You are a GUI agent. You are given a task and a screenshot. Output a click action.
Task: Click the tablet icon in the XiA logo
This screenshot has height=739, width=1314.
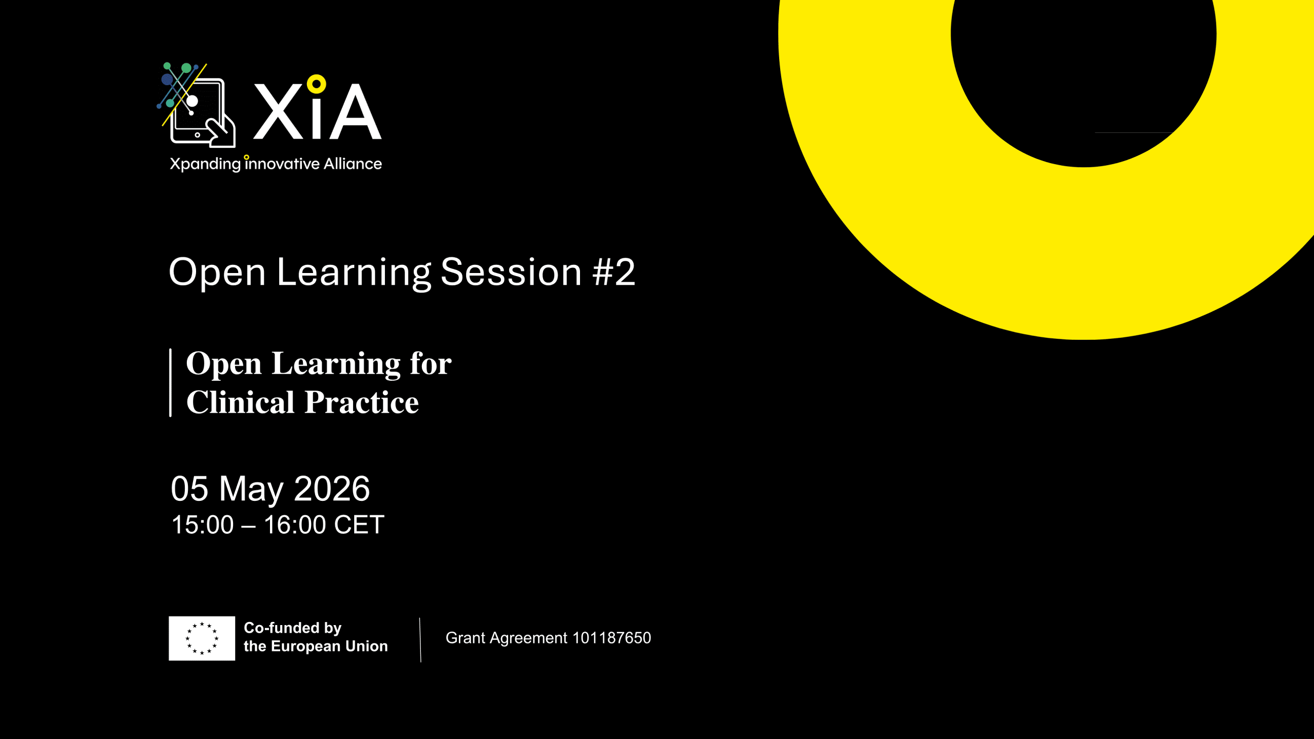198,110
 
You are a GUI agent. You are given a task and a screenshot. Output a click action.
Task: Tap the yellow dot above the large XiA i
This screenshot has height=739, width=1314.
316,84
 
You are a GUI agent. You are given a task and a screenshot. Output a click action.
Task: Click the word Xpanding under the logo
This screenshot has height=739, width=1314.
205,164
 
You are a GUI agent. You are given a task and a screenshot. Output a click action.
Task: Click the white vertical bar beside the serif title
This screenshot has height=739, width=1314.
170,382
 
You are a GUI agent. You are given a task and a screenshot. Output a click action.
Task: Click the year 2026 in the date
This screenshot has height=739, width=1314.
332,489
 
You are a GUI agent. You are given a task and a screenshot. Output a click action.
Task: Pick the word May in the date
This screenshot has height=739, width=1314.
251,490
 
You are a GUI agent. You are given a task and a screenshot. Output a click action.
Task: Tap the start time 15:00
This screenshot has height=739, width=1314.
202,525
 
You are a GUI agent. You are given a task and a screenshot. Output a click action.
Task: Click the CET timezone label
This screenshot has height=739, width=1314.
359,525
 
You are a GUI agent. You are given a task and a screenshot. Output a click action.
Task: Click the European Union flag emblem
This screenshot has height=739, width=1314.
202,638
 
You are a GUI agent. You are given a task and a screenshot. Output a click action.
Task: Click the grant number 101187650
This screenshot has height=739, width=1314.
611,638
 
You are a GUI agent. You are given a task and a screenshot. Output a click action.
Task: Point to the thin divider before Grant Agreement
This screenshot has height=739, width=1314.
420,639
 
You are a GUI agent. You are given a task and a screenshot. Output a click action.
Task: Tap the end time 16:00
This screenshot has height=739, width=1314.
295,525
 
